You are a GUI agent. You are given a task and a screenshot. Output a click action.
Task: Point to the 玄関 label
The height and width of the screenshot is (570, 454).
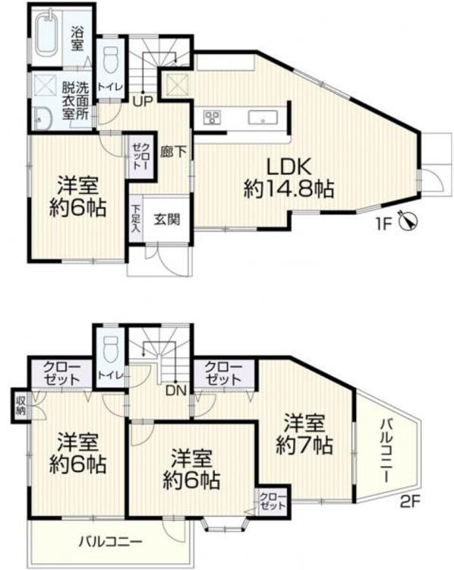pos(167,220)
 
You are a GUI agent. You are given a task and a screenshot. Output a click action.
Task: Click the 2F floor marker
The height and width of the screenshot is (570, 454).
pos(411,501)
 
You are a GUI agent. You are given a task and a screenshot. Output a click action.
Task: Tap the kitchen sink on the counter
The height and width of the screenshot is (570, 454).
pos(261,118)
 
